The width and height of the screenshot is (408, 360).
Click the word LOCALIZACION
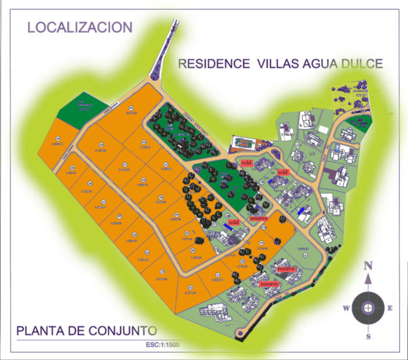pos(79,28)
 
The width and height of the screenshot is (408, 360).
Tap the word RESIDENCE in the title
pos(211,64)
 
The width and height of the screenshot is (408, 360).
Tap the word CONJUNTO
pos(124,330)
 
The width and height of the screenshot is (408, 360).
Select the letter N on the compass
pos(369,265)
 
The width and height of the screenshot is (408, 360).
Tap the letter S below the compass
pos(369,336)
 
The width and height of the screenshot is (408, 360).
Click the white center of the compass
pos(369,307)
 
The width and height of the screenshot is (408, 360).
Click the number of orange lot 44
pos(58,138)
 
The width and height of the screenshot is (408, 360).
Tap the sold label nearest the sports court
pos(246,162)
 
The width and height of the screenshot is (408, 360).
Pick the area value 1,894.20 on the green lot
pos(303,248)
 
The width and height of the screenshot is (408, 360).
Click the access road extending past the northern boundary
pos(166,53)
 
